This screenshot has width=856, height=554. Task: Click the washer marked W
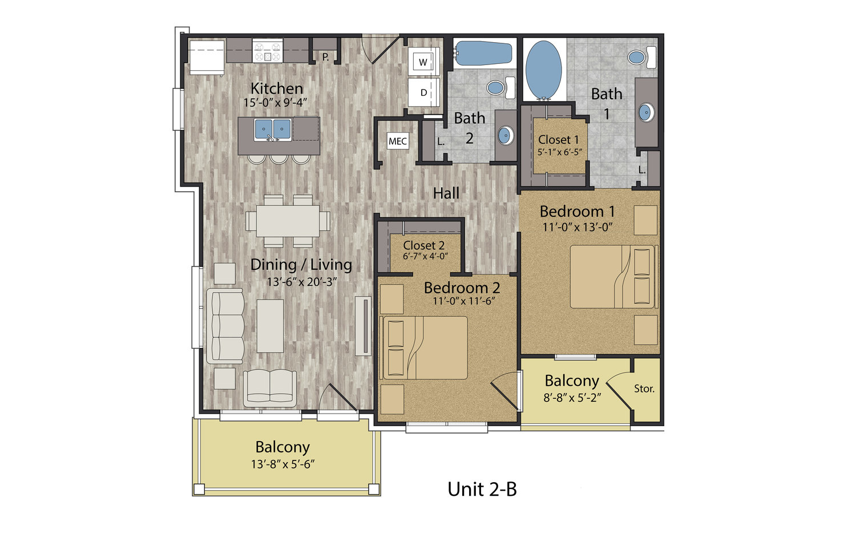click(x=424, y=62)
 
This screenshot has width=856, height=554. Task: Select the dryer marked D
click(x=424, y=92)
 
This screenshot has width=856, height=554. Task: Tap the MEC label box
click(x=397, y=141)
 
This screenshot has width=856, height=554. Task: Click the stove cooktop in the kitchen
click(x=267, y=51)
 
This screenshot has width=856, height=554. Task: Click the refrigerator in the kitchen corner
click(x=207, y=57)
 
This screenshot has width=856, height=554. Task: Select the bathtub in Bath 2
click(x=482, y=54)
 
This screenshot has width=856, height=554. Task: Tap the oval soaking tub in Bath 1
click(x=543, y=70)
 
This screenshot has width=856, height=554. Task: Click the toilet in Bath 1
click(x=642, y=57)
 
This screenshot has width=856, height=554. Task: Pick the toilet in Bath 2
click(x=500, y=87)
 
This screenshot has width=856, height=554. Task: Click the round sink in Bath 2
click(x=505, y=135)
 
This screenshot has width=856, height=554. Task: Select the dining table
click(x=288, y=221)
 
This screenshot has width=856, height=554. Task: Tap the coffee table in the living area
click(x=270, y=326)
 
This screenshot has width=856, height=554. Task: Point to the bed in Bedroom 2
click(x=424, y=347)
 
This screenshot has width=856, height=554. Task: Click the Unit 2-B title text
click(x=482, y=489)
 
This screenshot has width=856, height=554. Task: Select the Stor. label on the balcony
click(x=644, y=389)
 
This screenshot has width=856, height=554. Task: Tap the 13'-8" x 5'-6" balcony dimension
click(x=283, y=464)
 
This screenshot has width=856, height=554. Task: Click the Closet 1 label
click(x=558, y=139)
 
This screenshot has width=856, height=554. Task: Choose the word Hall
click(x=446, y=193)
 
